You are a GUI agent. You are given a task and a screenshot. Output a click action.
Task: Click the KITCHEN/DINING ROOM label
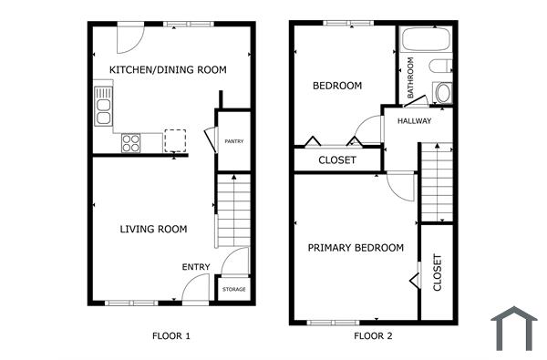pos(168,70)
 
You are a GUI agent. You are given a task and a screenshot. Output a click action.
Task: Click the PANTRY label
pos(234,141)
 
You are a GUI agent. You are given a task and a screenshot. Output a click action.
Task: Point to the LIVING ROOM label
pos(153,229)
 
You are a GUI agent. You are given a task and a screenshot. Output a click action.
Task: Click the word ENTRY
pos(196,267)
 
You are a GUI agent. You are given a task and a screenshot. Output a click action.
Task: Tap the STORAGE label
pos(233,290)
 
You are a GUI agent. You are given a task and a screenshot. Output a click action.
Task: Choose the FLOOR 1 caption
pos(170,336)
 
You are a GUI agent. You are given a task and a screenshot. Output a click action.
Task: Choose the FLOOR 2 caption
pos(373,336)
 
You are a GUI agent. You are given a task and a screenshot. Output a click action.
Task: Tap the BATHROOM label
pos(411,79)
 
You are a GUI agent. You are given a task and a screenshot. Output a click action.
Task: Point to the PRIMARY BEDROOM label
pos(356,248)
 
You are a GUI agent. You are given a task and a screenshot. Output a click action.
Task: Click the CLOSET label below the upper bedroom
pos(336,160)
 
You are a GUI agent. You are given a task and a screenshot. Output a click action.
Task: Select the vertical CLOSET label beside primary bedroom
pos(437,272)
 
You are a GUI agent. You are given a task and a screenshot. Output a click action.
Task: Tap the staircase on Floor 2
pos(436,182)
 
